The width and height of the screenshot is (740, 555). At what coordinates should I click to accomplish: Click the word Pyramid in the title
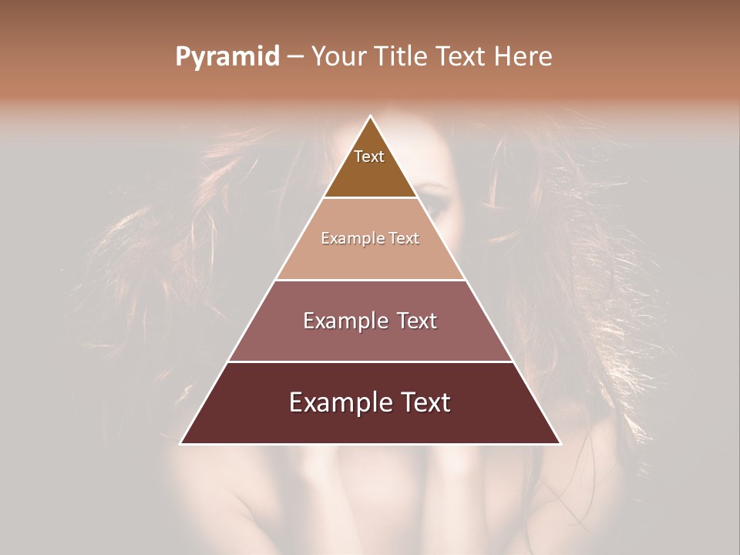[227, 57]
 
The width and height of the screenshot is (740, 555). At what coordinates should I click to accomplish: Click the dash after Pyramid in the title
[294, 57]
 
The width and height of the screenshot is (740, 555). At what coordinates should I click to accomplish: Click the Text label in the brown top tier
[369, 156]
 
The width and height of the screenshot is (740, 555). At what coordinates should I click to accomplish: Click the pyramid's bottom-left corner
[181, 443]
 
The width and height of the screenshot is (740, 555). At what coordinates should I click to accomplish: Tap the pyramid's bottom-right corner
[560, 443]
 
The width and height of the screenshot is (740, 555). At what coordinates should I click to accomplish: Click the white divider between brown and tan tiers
[371, 198]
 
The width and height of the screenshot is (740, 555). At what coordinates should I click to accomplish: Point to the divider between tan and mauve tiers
[371, 280]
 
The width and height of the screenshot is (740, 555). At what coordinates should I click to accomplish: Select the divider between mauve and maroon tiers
[371, 362]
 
